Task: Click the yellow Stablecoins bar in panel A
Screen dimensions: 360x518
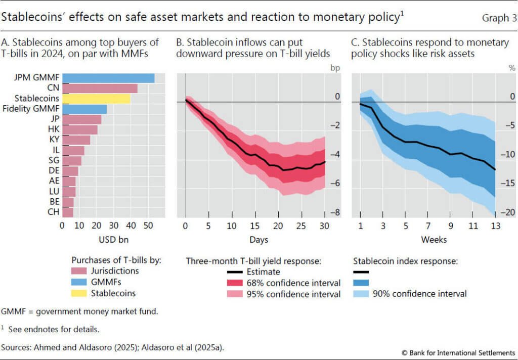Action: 96,99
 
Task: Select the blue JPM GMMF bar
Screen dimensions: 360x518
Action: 108,78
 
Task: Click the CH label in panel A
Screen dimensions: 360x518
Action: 53,212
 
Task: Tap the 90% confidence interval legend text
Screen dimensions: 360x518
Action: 419,293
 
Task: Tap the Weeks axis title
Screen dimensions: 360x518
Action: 434,239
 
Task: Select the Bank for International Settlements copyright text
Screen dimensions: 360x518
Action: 458,351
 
